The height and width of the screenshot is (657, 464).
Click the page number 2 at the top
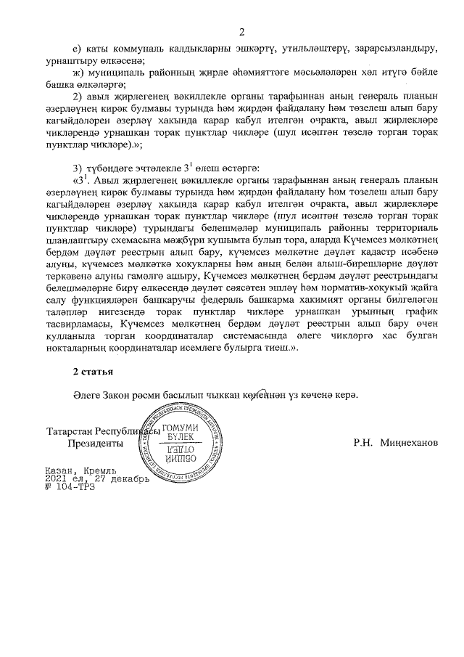(243, 31)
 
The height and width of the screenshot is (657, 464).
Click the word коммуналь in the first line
(141, 48)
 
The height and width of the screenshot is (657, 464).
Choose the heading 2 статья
(91, 372)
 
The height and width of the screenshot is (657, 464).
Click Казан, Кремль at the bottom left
(75, 470)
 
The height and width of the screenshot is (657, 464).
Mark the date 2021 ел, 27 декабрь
(96, 478)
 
